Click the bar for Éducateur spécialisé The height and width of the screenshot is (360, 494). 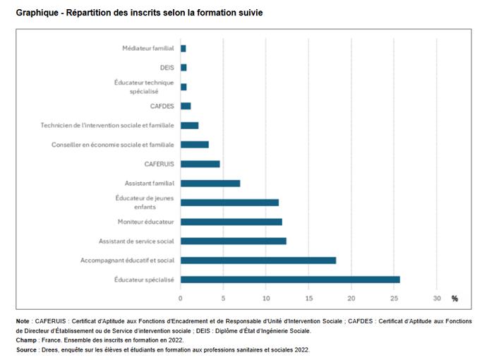[290, 280]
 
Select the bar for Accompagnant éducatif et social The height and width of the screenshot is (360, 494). [258, 260]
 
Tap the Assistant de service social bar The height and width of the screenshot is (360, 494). [234, 241]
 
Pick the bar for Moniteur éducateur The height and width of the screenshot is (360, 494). [231, 222]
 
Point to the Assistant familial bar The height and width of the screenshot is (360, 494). [210, 184]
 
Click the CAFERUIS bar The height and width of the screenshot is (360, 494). [200, 164]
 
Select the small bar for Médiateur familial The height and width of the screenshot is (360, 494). [183, 48]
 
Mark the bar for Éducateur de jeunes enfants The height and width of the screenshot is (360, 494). [229, 203]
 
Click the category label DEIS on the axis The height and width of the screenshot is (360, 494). [167, 67]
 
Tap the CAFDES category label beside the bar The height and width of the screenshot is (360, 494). [162, 106]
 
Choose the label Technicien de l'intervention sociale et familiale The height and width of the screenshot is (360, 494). [107, 125]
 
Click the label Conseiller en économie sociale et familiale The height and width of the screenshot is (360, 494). [113, 145]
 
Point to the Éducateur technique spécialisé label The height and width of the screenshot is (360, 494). [145, 87]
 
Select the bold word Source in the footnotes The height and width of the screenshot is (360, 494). [29, 349]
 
